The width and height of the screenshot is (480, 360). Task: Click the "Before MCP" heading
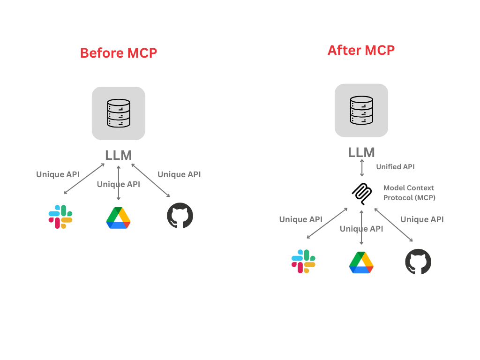[x=118, y=53]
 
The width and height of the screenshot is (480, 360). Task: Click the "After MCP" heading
[x=361, y=50]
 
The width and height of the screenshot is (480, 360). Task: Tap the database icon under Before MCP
[x=118, y=113]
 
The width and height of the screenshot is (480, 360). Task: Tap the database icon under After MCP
[x=361, y=110]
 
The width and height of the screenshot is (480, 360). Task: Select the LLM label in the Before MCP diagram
[x=118, y=155]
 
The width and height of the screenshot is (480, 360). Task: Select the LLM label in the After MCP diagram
[x=361, y=152]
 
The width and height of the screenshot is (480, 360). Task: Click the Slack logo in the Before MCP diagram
[x=60, y=217]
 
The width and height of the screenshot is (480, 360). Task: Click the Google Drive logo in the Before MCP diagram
[x=118, y=218]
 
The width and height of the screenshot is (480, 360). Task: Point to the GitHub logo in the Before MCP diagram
[x=180, y=216]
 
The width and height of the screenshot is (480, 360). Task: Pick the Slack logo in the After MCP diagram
[x=303, y=261]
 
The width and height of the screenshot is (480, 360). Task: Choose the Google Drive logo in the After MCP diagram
[x=361, y=262]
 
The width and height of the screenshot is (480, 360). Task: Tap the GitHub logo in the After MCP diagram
[x=418, y=262]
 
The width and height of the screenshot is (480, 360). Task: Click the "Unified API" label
[x=395, y=166]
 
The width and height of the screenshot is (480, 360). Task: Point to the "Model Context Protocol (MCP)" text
[x=409, y=193]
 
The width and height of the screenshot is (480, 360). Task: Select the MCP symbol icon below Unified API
[x=361, y=193]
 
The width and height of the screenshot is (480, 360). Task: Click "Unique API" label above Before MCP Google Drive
[x=118, y=184]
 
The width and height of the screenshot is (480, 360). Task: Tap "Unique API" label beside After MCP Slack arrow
[x=300, y=219]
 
